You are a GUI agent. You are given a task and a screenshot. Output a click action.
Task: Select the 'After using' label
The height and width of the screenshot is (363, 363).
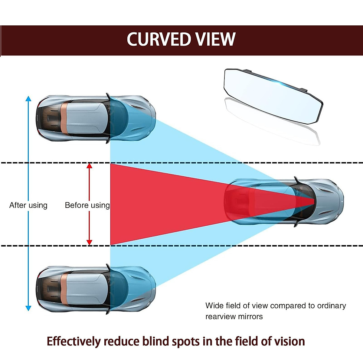28,205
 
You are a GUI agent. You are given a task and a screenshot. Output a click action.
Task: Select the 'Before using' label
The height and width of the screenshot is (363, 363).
87,205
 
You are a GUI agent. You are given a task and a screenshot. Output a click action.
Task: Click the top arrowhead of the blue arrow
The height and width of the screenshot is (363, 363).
28,99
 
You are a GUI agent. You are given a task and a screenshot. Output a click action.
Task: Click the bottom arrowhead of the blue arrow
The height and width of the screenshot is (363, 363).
28,308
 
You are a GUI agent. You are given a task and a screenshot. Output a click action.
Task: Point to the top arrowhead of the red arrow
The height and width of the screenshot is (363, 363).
89,166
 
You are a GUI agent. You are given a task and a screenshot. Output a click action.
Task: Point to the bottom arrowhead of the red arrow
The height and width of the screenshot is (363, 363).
89,242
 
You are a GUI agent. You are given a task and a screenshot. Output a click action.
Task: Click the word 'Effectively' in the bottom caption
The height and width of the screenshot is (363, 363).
74,341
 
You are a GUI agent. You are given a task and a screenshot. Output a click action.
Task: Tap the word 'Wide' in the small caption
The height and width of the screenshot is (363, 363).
213,306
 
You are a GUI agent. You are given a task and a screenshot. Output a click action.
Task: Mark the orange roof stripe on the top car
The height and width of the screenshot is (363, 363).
64,118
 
